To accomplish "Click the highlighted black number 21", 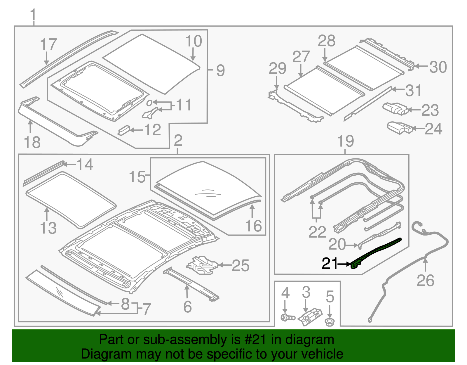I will [x=330, y=264].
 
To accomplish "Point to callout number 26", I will [x=425, y=281].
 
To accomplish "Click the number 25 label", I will [x=241, y=266].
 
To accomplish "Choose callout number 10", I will [x=194, y=41].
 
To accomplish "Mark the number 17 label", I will [x=48, y=44].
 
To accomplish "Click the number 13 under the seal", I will [x=48, y=228].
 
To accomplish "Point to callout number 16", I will [x=253, y=226].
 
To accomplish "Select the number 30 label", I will [x=438, y=67].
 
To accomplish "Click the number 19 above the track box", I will [x=346, y=141].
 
